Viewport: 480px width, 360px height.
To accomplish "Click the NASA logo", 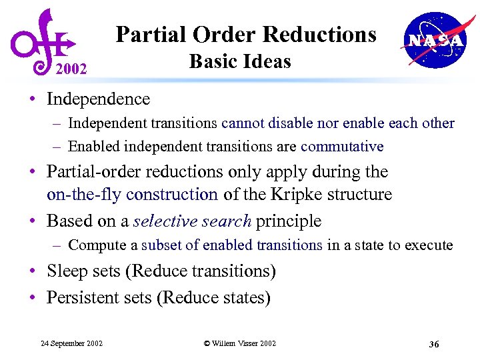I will [433, 40].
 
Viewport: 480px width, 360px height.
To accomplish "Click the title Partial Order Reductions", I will [246, 34].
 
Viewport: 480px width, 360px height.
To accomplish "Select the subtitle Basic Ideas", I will [240, 61].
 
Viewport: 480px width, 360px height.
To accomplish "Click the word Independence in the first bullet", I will [98, 99].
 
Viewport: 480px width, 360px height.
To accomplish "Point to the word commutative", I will [342, 146].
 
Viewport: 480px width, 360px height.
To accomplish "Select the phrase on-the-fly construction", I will [132, 195].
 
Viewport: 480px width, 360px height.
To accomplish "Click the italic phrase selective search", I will [192, 221].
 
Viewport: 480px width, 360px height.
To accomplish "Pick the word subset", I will [162, 245].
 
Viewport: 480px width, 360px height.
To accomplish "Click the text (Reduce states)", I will [213, 297].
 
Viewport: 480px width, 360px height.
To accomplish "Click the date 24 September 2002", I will [71, 343].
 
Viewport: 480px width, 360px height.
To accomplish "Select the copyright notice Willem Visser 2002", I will [240, 343].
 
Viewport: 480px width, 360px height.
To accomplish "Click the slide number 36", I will [433, 344].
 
